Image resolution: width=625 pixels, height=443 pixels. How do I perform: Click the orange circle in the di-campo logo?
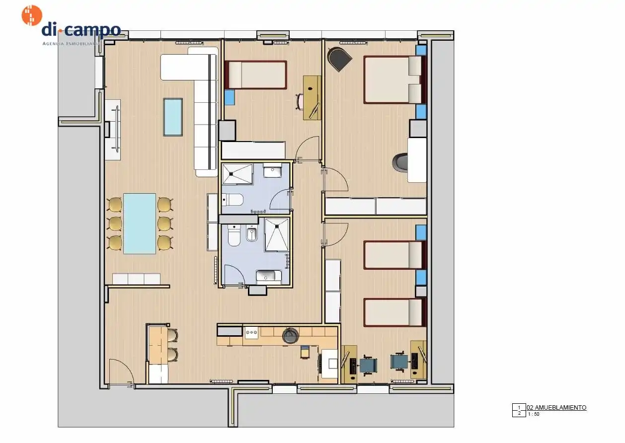(x=32, y=15)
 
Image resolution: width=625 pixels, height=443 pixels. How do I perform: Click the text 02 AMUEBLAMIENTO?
(x=556, y=408)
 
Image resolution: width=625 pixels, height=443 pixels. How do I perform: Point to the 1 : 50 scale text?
(x=534, y=414)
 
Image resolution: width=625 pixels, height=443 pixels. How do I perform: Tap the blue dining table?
(x=140, y=223)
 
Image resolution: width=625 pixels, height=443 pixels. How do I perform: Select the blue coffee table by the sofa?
(x=173, y=117)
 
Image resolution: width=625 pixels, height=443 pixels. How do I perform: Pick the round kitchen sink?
(x=291, y=335)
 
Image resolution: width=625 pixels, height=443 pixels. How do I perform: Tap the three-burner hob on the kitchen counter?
(x=251, y=333)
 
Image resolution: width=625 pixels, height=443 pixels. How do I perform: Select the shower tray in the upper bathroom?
(x=237, y=174)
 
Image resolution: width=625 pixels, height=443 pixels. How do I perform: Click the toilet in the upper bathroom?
(x=233, y=200)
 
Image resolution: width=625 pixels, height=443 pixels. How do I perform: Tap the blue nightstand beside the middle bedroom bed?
(x=230, y=97)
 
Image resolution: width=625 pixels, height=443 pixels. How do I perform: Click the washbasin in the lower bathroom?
(x=269, y=277)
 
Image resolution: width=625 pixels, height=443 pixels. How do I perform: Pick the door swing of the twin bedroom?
(x=336, y=234)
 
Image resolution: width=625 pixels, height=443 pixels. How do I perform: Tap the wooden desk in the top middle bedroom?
(x=312, y=98)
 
